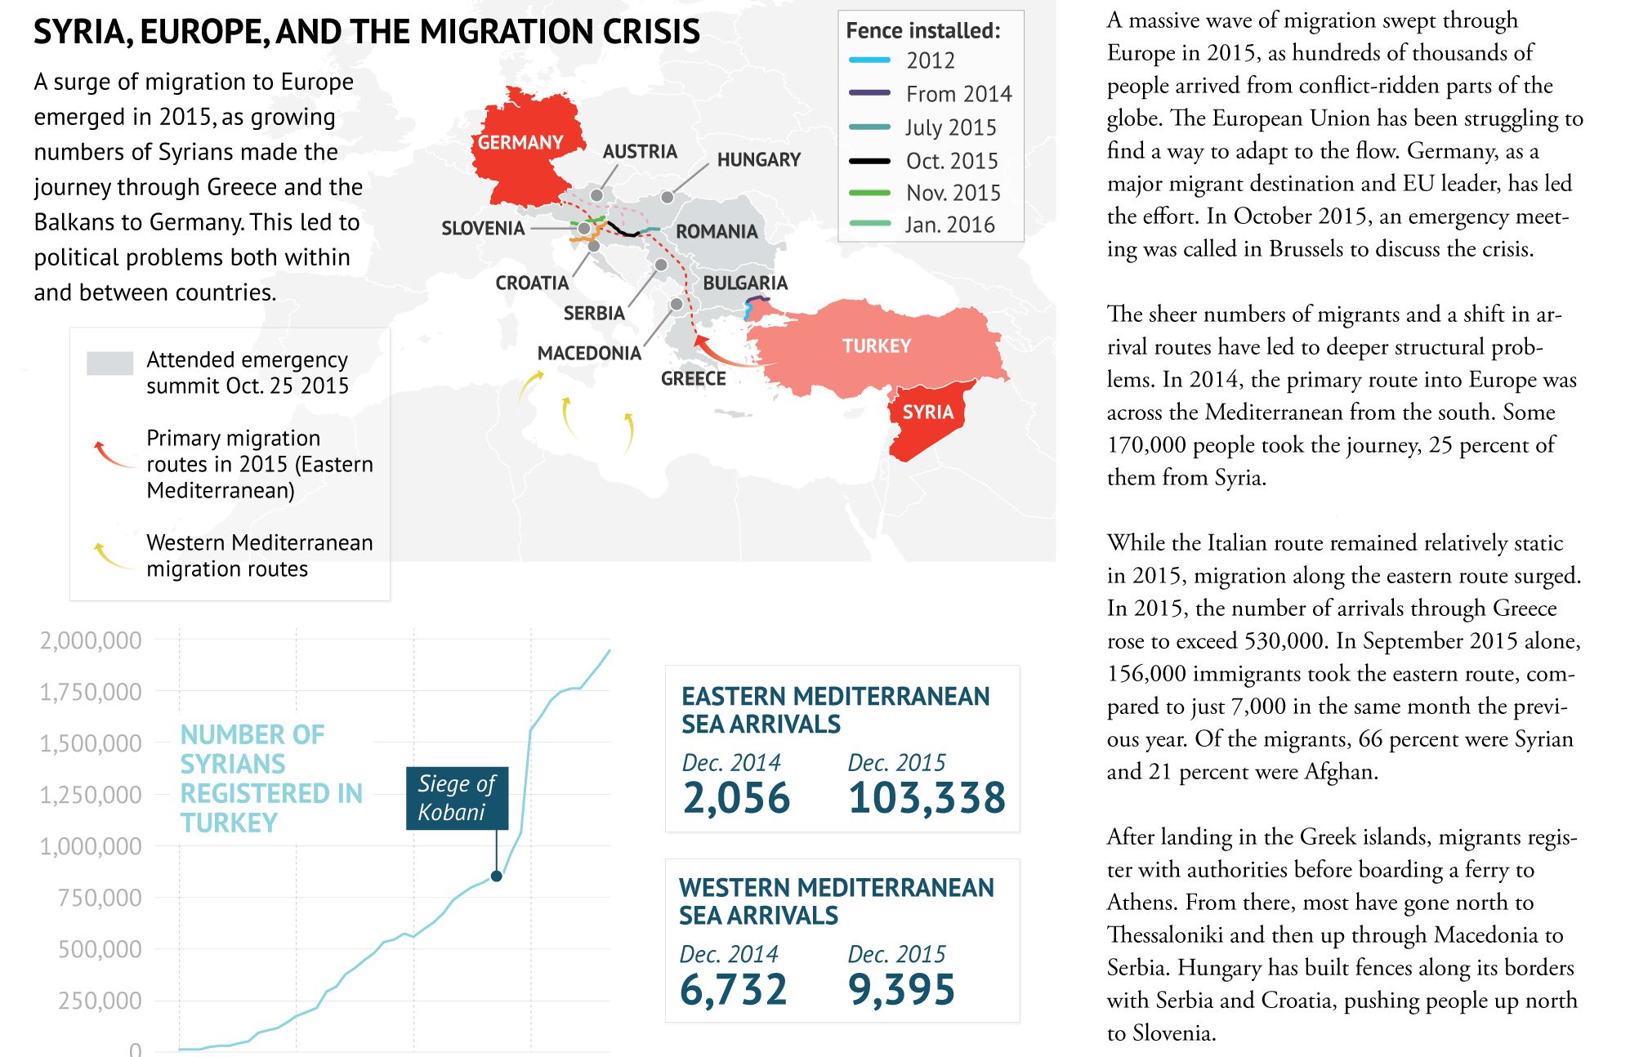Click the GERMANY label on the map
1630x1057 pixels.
coord(520,143)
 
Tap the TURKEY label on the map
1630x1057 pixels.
coord(876,346)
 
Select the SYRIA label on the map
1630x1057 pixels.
coord(927,412)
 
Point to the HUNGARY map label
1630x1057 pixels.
coord(758,160)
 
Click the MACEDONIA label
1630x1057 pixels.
coord(589,353)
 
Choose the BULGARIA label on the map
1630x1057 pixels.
coord(745,283)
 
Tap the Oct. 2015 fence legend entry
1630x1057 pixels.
coord(951,161)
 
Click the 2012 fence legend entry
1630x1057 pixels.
coord(930,60)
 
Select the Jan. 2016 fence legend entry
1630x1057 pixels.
coord(949,225)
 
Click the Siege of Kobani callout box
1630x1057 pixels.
coord(457,798)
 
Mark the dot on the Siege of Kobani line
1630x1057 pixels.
coord(496,876)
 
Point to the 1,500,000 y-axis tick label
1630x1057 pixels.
coord(91,743)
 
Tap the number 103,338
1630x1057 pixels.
coord(927,798)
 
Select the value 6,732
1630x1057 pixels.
coord(733,989)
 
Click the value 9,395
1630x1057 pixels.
coord(901,989)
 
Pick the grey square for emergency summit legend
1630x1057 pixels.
coord(109,363)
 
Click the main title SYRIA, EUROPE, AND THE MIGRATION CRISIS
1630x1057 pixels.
coord(367,32)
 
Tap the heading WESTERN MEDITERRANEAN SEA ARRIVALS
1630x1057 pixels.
coord(836,901)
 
